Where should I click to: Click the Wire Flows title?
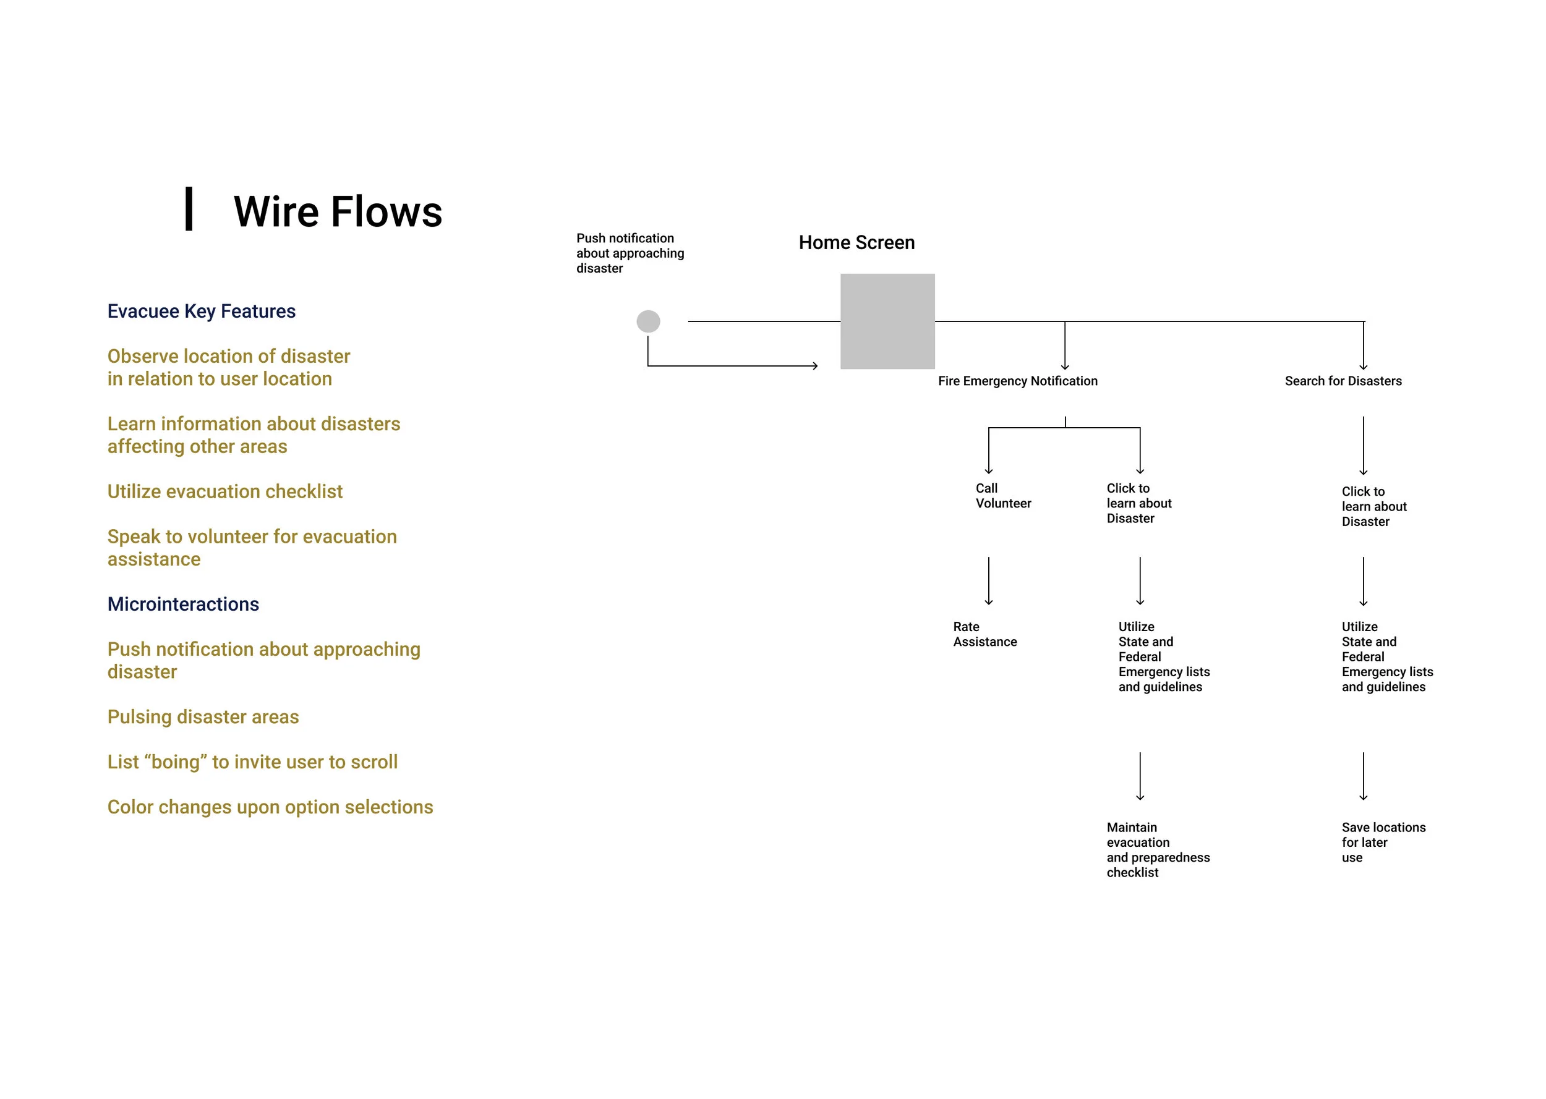click(x=337, y=211)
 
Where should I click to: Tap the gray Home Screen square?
click(x=887, y=321)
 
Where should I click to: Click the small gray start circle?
click(x=648, y=321)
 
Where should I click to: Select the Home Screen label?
click(x=856, y=242)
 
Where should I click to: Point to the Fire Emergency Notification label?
click(x=1017, y=381)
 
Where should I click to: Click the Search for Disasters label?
click(x=1343, y=381)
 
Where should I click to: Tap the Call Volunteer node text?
click(x=1002, y=495)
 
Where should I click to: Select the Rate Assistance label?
click(x=984, y=634)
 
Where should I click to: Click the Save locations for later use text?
click(x=1382, y=842)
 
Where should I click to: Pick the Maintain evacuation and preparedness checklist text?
click(x=1158, y=849)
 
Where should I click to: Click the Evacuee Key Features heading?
click(x=201, y=312)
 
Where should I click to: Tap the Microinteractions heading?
click(x=183, y=604)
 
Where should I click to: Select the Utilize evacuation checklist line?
click(x=224, y=491)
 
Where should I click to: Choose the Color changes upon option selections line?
click(x=270, y=807)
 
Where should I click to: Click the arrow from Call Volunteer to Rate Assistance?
click(x=988, y=580)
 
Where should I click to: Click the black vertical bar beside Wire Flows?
click(x=189, y=209)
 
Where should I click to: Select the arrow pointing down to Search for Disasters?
click(x=1362, y=345)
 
